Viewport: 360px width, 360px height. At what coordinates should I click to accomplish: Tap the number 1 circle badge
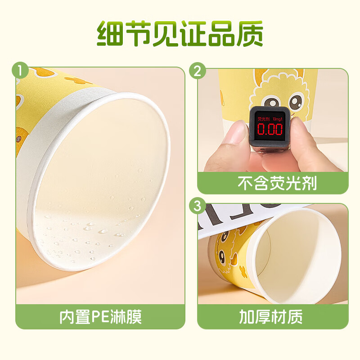(19, 71)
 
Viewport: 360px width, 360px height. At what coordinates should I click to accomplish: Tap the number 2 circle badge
(198, 71)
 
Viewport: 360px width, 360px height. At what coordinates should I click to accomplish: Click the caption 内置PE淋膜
(100, 316)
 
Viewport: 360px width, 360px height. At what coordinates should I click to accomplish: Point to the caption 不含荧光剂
(272, 183)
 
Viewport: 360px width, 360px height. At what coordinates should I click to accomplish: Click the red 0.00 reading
(270, 130)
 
